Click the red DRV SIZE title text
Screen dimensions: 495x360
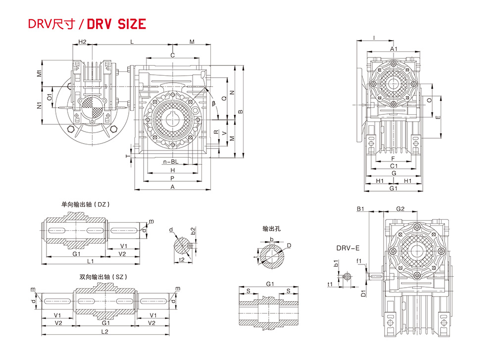coord(116,24)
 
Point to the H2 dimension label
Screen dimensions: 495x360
coord(82,42)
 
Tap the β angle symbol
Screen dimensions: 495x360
coord(214,103)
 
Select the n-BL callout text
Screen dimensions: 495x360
coord(171,162)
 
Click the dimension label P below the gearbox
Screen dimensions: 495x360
coord(172,178)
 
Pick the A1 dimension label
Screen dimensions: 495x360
coord(394,49)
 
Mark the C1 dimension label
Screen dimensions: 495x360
coord(394,166)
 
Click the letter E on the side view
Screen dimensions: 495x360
coord(438,117)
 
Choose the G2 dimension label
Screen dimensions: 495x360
coord(400,209)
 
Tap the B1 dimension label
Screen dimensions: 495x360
coord(360,209)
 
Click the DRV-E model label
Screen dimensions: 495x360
coord(348,248)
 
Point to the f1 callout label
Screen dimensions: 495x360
coord(358,261)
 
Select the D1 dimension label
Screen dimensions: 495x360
coord(363,293)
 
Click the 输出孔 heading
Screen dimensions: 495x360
coord(271,229)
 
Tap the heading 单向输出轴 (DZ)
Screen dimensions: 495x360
coord(86,205)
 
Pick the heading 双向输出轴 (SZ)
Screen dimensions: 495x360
coord(103,277)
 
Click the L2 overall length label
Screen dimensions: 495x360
coord(104,332)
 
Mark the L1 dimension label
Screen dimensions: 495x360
coord(90,261)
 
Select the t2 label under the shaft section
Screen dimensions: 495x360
coord(182,260)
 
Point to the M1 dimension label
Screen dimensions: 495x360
coord(39,73)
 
